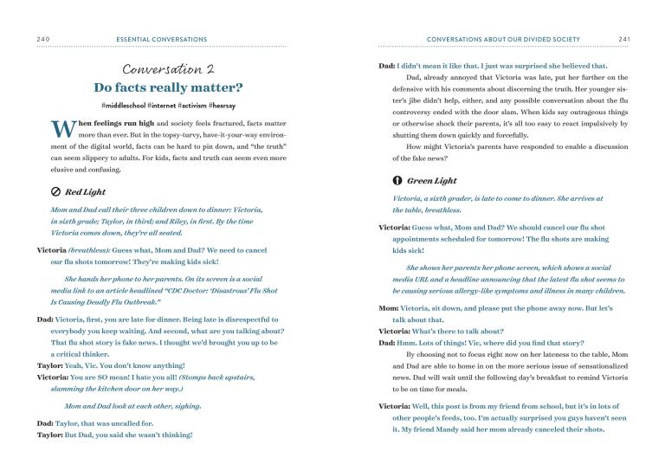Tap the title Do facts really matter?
[169, 88]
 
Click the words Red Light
[85, 191]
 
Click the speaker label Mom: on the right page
[388, 308]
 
